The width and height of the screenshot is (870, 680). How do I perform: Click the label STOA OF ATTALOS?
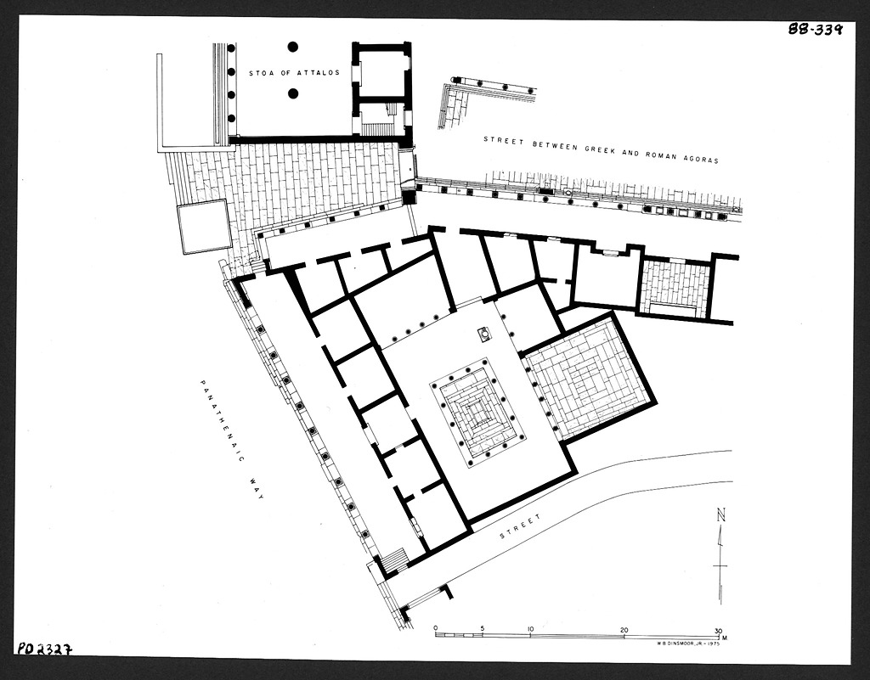[x=294, y=73]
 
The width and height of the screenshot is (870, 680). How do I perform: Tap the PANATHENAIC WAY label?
[x=231, y=441]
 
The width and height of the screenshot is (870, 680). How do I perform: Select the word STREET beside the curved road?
[x=521, y=526]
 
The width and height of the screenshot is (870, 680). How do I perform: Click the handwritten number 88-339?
[x=816, y=29]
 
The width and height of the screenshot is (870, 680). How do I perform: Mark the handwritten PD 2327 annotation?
[x=45, y=649]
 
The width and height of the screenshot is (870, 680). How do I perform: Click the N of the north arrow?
[x=720, y=514]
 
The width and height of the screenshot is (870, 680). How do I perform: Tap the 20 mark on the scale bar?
[x=624, y=630]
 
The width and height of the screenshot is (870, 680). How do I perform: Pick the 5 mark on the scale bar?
[x=483, y=628]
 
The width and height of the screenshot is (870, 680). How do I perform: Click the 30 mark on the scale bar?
[x=718, y=630]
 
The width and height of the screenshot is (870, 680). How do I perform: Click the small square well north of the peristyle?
[x=485, y=334]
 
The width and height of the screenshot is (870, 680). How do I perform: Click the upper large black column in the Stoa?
[x=293, y=47]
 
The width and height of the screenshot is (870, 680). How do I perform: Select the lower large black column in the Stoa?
[x=293, y=93]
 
